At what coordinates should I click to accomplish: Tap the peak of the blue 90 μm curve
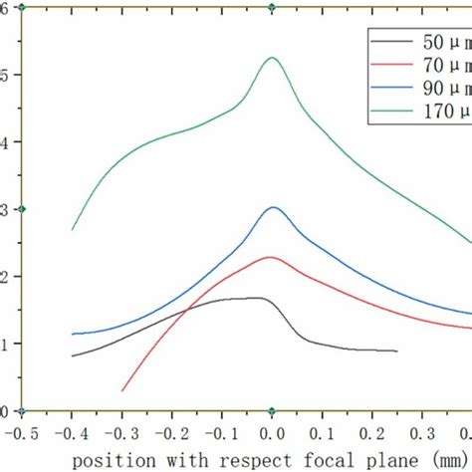[x=273, y=207]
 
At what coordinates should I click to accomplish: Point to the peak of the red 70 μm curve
[x=270, y=257]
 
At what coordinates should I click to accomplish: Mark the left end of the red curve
[x=122, y=390]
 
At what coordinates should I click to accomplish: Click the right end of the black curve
[x=397, y=351]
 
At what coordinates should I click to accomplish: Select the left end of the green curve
[x=72, y=230]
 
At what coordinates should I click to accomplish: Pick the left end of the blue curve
[x=72, y=334]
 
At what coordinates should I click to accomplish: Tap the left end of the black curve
[x=72, y=355]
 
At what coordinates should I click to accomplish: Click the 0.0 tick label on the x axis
[x=272, y=434]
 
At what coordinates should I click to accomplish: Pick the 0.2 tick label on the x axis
[x=371, y=434]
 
